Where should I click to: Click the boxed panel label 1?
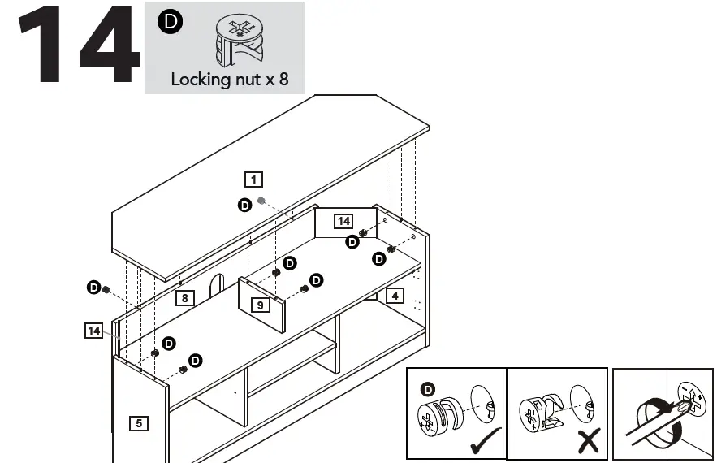click(254, 179)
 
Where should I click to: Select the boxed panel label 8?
click(185, 298)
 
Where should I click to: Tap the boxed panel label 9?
click(260, 305)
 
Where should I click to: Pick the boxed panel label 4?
click(394, 296)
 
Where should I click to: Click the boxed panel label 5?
click(139, 422)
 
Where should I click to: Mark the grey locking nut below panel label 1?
click(261, 200)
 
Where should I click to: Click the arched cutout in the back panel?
click(216, 284)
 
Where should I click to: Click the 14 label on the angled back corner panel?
click(343, 221)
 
